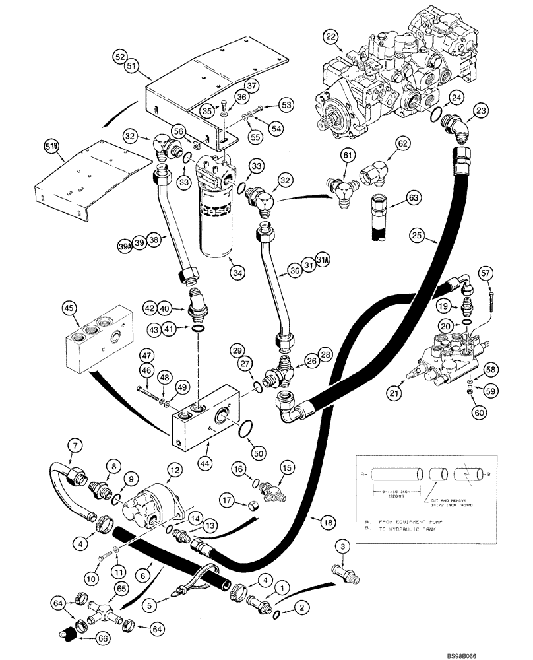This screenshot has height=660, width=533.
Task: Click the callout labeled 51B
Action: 52,147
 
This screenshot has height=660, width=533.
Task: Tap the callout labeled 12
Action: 173,469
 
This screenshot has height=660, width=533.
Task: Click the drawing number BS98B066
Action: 502,651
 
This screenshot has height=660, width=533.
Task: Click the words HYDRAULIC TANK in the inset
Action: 413,532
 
